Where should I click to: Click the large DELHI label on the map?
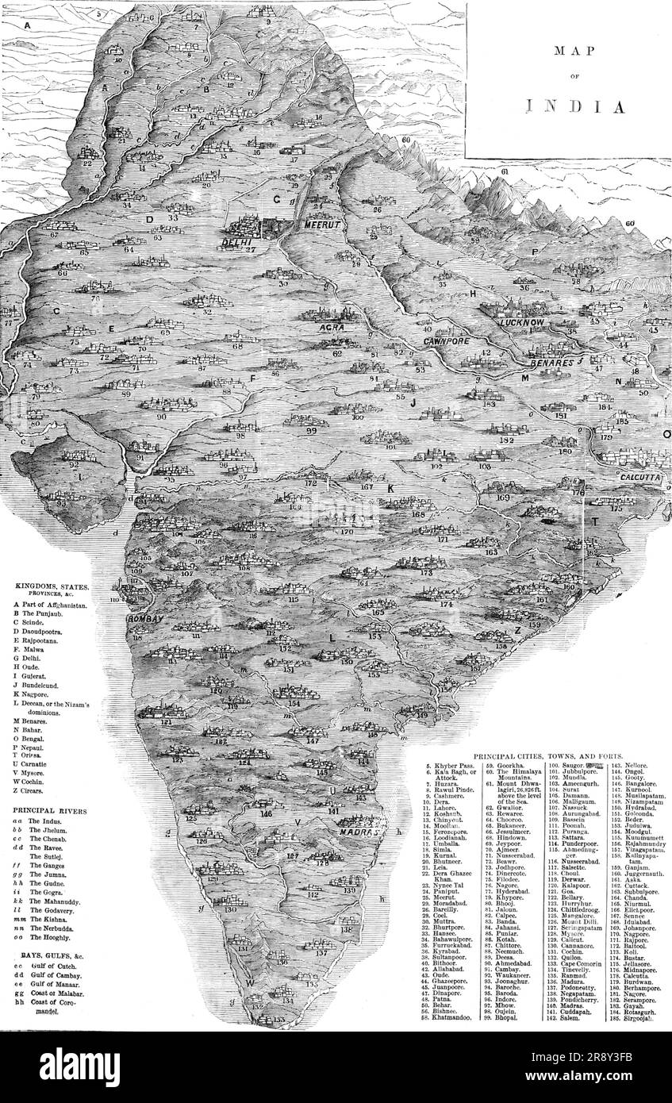click(237, 242)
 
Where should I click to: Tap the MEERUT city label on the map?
click(322, 225)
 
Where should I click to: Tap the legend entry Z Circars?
click(36, 790)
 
